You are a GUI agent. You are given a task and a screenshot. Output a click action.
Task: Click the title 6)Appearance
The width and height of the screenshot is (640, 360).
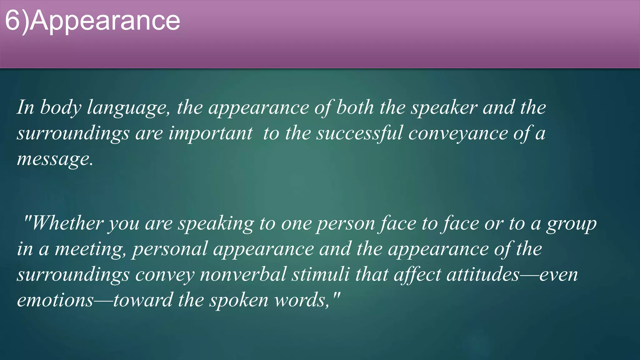92,21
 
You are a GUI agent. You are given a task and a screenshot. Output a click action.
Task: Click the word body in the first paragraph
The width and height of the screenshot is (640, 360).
61,107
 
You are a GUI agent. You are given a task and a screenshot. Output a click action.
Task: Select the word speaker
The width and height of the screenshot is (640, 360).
444,107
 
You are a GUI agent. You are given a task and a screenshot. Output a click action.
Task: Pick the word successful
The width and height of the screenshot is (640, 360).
359,133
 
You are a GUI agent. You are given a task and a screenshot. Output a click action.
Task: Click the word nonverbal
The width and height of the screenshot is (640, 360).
243,275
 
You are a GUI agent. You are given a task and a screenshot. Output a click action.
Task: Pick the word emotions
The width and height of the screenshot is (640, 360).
55,300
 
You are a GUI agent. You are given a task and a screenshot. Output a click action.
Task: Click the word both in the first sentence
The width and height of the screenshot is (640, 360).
355,107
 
